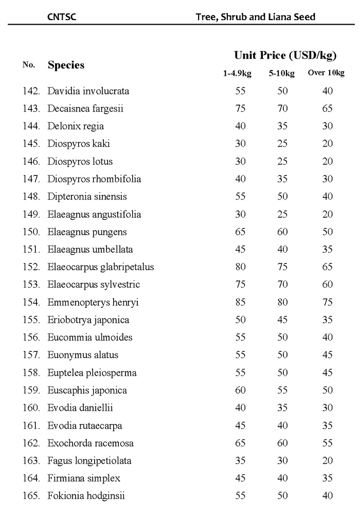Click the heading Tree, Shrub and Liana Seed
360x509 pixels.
(x=256, y=17)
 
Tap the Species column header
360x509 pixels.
(x=66, y=65)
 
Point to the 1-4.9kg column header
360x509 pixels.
(x=237, y=73)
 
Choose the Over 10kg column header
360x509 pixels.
(x=326, y=73)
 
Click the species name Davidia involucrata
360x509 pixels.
(x=88, y=91)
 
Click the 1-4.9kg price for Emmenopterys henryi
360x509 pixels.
(x=240, y=303)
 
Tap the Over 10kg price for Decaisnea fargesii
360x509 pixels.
(x=328, y=109)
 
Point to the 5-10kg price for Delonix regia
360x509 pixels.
(x=282, y=126)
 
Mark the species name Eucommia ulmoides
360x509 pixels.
(x=90, y=338)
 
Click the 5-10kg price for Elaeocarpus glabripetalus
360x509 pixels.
(x=282, y=267)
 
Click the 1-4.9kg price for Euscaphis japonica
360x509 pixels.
(x=240, y=391)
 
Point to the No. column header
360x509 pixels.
(x=29, y=65)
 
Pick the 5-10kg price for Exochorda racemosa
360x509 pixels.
(x=282, y=443)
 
